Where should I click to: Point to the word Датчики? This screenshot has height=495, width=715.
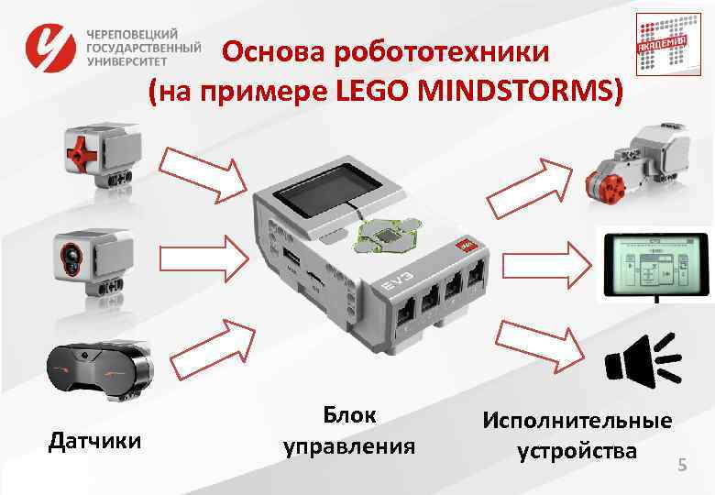point(94,442)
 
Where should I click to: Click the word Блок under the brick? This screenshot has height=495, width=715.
point(349,414)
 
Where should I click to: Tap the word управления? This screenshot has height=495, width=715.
point(349,447)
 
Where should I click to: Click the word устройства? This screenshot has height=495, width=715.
point(577,452)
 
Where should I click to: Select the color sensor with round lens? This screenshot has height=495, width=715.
point(91,256)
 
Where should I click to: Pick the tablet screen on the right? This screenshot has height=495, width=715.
point(654,265)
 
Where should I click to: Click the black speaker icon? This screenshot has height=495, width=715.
point(642,360)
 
